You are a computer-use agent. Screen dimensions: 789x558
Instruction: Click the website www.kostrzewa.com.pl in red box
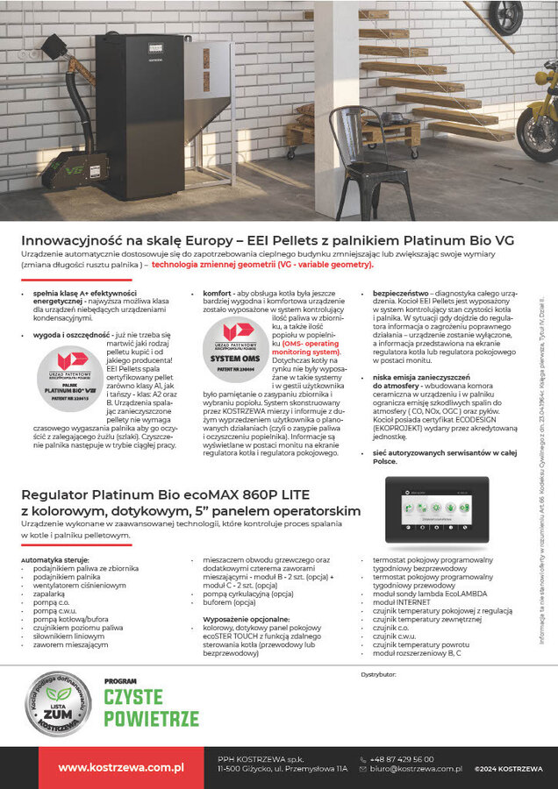pos(120,767)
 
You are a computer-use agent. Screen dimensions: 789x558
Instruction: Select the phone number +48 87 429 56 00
pos(402,759)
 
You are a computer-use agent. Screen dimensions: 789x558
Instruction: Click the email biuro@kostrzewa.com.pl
pos(416,769)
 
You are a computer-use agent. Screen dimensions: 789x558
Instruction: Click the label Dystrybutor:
pos(379,674)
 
